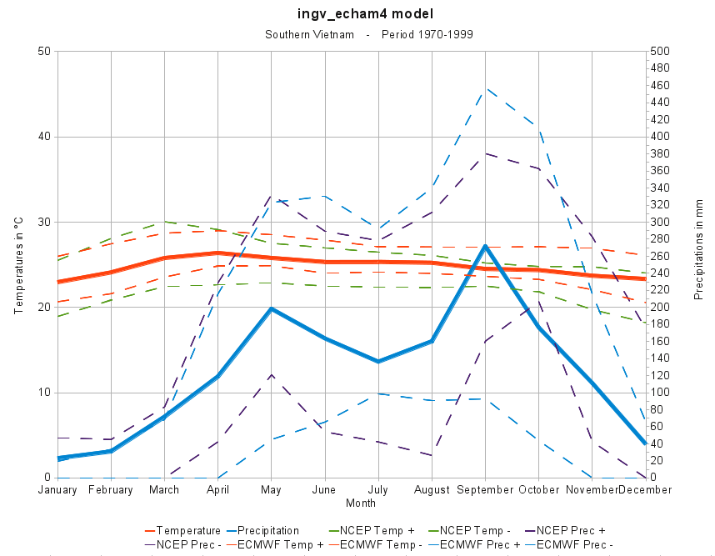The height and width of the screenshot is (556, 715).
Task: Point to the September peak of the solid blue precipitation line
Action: click(486, 246)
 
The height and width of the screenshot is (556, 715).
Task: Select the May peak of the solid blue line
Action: click(272, 308)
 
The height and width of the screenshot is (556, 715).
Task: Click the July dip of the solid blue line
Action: click(378, 361)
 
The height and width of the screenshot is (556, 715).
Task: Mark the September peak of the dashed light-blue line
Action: click(486, 88)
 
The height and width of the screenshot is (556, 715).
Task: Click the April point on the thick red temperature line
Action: click(218, 253)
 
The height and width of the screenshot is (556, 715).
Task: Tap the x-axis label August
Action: click(432, 490)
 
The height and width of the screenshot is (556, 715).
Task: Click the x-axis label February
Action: click(111, 490)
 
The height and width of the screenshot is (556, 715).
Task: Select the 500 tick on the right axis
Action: click(660, 52)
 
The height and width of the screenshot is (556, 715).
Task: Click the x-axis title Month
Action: click(361, 503)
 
